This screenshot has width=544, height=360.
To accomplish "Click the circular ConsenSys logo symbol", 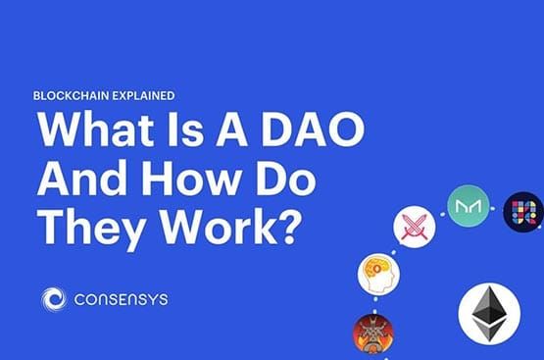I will (x=55, y=299).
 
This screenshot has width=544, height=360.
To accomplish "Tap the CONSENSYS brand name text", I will (x=122, y=299).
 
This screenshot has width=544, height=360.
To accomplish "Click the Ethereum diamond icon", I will (x=489, y=314).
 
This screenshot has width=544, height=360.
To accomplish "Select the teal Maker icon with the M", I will (x=468, y=207).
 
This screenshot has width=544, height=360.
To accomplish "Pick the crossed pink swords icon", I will (x=413, y=228).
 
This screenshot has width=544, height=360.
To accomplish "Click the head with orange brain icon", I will (x=378, y=274).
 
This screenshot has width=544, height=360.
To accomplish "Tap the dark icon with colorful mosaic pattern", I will (x=523, y=212).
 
